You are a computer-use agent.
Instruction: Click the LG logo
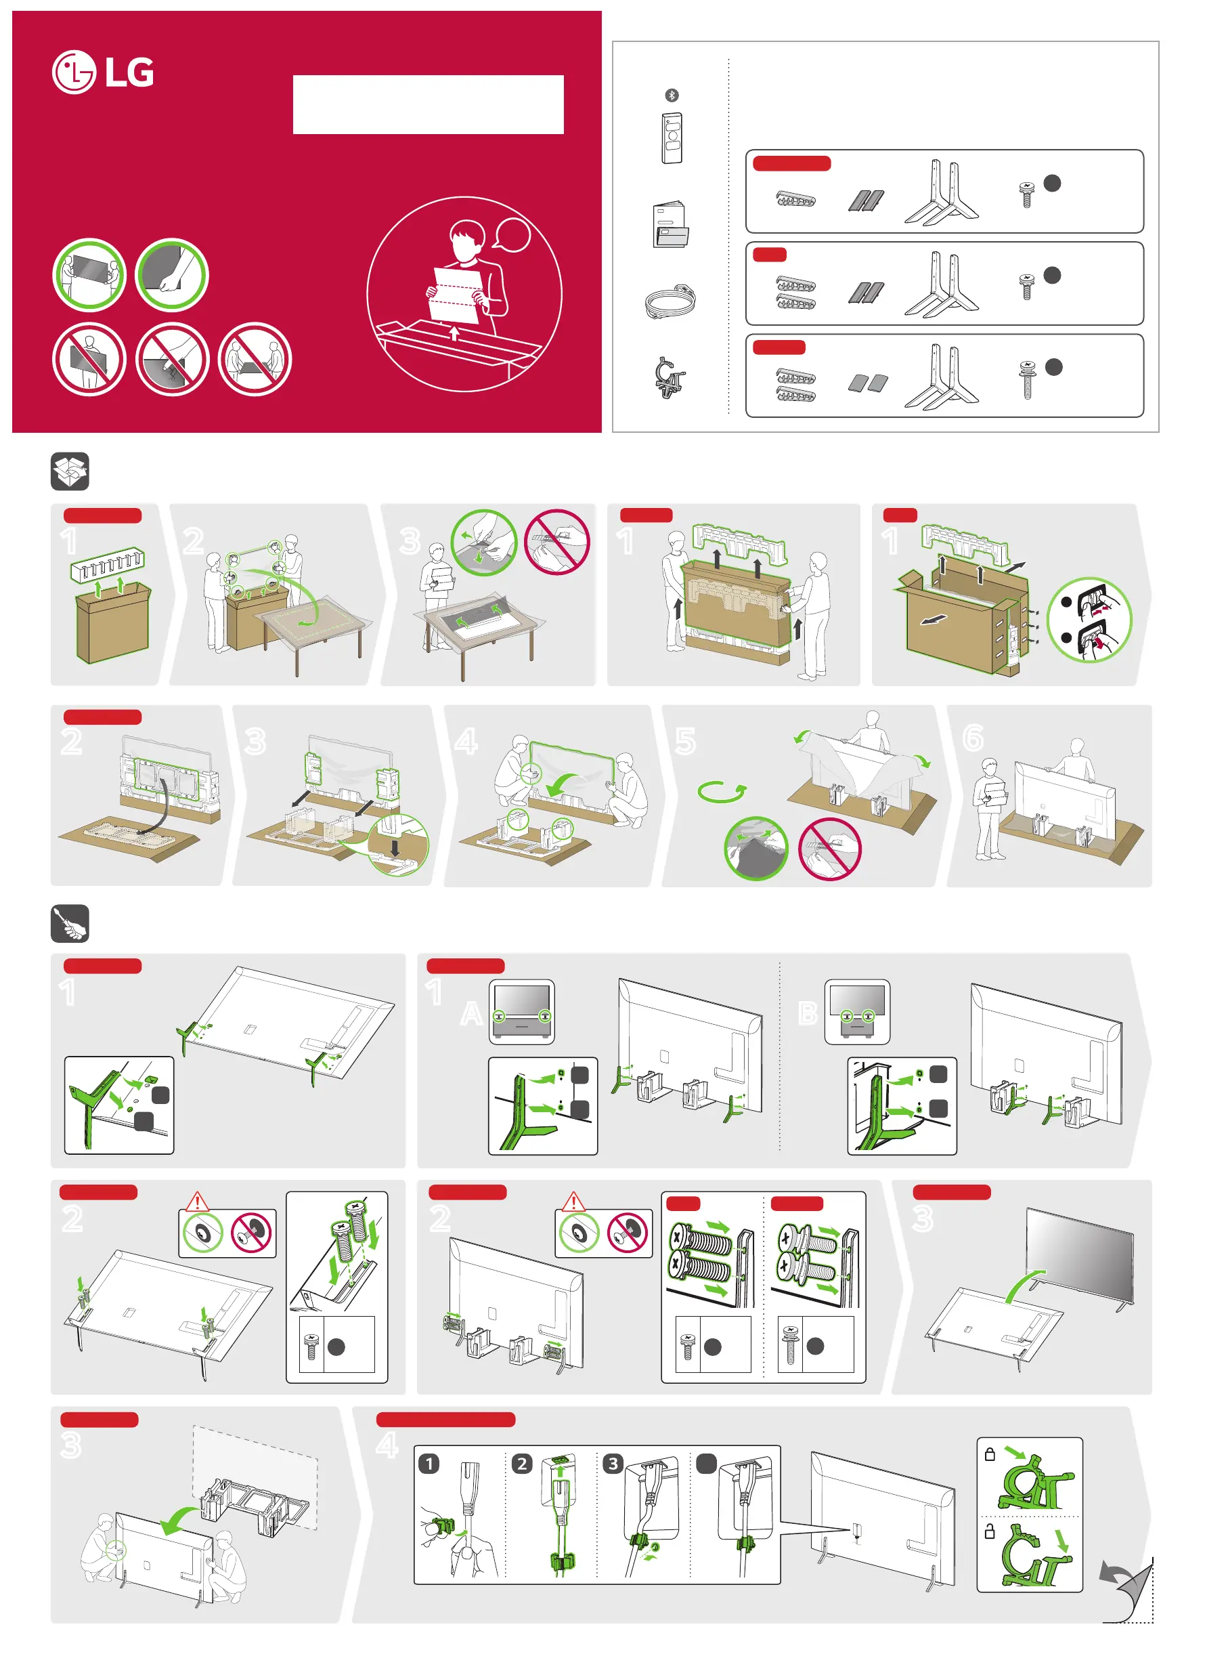tap(104, 72)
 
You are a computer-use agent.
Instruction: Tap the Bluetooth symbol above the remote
tap(671, 96)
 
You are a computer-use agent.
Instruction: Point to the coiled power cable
tap(670, 301)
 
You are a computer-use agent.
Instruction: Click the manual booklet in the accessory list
tap(670, 224)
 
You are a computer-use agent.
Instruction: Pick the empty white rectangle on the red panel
tap(429, 104)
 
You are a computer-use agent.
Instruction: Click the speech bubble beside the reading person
tap(511, 235)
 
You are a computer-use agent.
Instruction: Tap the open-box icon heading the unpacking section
tap(70, 471)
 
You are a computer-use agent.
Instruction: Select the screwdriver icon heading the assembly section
tap(70, 923)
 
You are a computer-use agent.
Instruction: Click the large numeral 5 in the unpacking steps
tap(685, 741)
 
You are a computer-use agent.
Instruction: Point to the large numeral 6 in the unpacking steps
tap(973, 737)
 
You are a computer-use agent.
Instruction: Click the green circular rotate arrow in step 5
tap(722, 792)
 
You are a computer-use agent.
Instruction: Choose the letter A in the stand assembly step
tap(471, 1014)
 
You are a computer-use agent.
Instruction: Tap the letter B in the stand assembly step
tap(808, 1014)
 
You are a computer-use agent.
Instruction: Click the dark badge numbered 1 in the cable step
tap(429, 1463)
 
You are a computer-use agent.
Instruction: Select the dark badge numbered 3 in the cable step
tap(613, 1463)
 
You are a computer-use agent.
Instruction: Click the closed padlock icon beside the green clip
tap(990, 1454)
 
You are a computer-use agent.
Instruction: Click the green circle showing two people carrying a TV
tap(89, 275)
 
